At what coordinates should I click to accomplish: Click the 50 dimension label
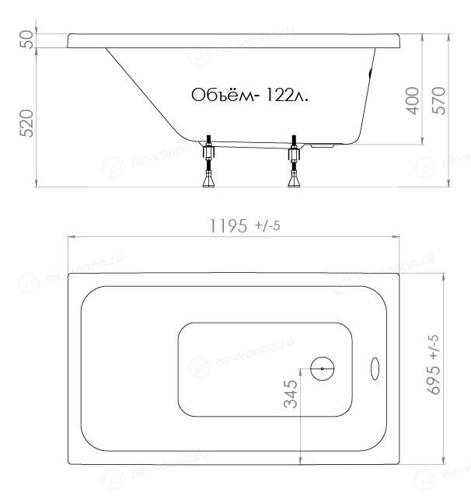click(26, 40)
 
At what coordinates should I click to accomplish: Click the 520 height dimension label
click(26, 124)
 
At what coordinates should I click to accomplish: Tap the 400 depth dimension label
click(413, 101)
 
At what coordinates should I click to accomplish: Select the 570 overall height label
click(439, 101)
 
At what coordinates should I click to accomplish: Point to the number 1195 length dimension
click(229, 225)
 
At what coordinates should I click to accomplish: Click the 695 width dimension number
click(434, 379)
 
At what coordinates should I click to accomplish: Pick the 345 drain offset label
click(291, 394)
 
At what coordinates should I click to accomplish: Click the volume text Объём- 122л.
click(249, 95)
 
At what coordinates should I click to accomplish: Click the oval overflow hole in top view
click(375, 369)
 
